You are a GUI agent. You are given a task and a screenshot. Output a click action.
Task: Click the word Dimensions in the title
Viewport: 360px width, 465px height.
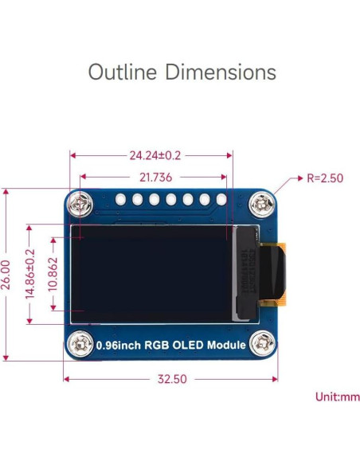click(221, 72)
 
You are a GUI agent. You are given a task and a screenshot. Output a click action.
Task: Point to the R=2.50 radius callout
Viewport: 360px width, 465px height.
click(324, 178)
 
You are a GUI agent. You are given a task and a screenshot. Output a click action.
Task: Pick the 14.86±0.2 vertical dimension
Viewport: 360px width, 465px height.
click(30, 275)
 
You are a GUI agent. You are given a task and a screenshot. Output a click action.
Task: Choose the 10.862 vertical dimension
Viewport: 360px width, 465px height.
click(53, 275)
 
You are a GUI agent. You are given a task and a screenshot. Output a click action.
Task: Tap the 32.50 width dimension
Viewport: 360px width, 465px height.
click(171, 379)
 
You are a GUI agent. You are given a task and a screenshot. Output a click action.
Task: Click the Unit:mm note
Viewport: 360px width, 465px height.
click(337, 396)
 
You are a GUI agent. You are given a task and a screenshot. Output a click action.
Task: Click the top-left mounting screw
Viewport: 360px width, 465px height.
click(79, 205)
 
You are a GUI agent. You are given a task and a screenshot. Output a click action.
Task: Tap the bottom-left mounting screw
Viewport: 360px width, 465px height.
click(79, 344)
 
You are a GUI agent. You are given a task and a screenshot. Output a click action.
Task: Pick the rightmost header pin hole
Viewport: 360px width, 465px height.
click(221, 199)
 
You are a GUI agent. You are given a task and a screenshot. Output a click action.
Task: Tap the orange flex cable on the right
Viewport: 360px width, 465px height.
click(277, 274)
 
